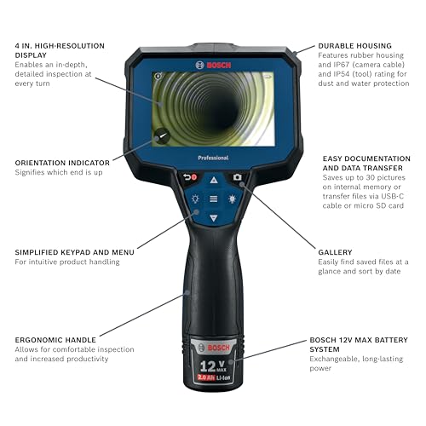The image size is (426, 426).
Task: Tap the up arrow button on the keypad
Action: [x=213, y=180]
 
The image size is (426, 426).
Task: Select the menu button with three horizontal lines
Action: [x=213, y=199]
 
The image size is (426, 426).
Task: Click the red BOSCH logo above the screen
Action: [x=213, y=64]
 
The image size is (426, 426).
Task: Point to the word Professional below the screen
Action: [x=213, y=158]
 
